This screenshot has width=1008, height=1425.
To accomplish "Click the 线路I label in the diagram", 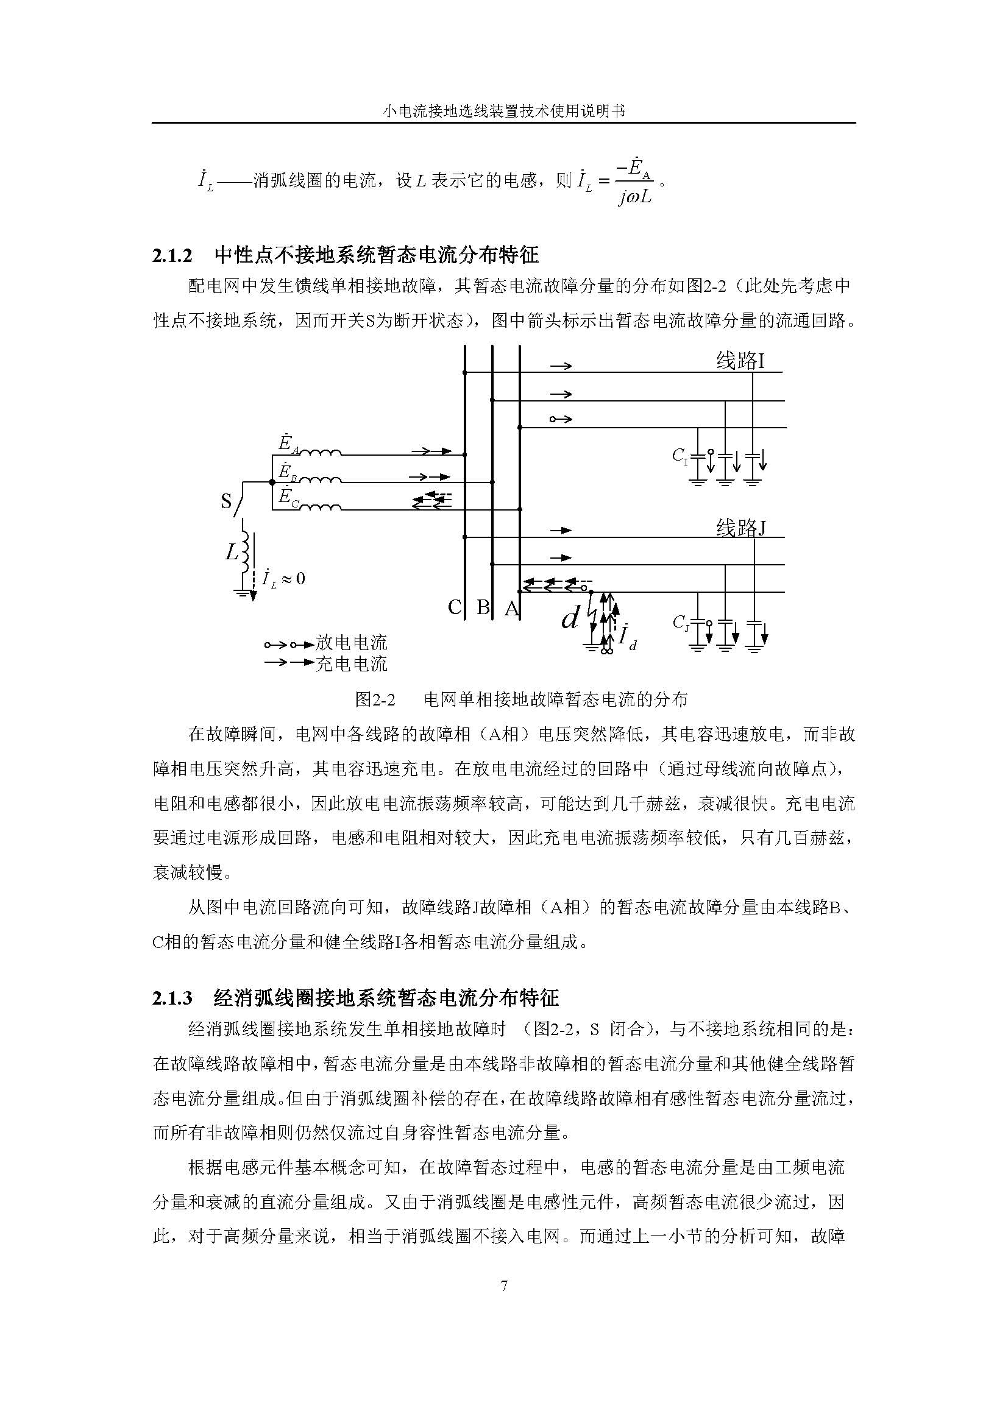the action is click(740, 361).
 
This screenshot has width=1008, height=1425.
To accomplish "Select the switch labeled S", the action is click(238, 500).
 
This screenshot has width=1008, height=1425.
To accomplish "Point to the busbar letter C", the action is click(455, 607).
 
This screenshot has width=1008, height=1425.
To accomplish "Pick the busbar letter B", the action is click(482, 607).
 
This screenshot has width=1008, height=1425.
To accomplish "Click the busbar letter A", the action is click(511, 608).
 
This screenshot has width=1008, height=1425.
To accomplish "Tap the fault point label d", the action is click(570, 617).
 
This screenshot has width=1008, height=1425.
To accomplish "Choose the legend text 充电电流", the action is click(351, 663).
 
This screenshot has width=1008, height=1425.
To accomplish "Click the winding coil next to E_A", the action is click(321, 453).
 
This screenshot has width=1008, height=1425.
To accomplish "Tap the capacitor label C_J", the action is click(681, 623).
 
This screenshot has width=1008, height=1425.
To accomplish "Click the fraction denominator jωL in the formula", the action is click(634, 197).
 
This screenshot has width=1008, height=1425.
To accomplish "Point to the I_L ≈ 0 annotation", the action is click(283, 578).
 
